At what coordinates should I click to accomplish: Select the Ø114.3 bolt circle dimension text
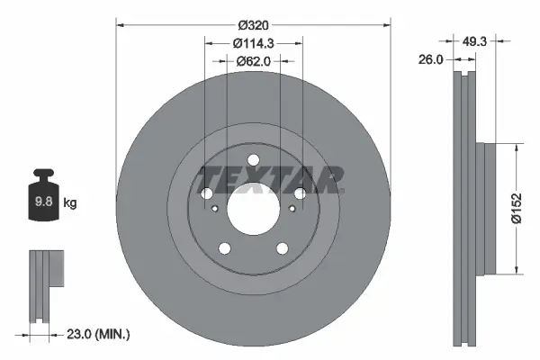(x=253, y=42)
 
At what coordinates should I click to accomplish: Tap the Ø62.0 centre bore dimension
(x=253, y=62)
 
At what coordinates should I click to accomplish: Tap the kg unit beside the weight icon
(x=69, y=203)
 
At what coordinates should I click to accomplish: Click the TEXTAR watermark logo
(x=270, y=179)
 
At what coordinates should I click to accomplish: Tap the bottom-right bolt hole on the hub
(x=283, y=249)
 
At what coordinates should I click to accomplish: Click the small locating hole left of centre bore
(x=215, y=210)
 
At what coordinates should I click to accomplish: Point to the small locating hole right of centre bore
(x=291, y=210)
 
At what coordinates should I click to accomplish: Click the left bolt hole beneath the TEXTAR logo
(x=206, y=193)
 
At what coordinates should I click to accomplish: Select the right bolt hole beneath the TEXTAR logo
(x=300, y=193)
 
